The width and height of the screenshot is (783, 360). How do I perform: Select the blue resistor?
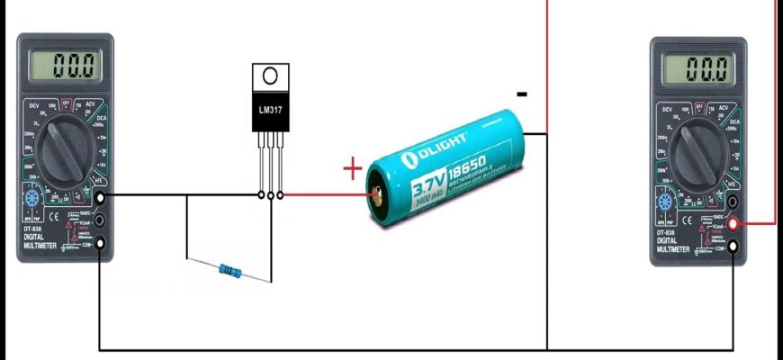[x=230, y=268]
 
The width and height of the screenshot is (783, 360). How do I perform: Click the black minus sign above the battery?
[x=522, y=94]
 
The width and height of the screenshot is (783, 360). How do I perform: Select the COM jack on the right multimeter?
[x=734, y=247]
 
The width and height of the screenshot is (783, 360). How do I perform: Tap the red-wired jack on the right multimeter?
[x=734, y=224]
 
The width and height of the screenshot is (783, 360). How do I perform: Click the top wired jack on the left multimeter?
[x=99, y=196]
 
